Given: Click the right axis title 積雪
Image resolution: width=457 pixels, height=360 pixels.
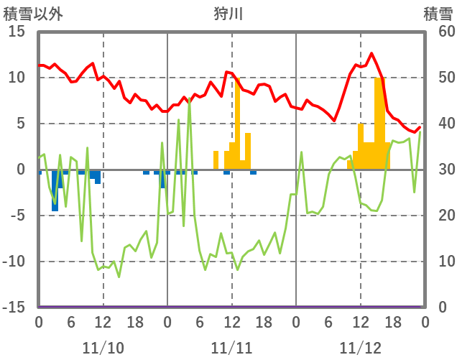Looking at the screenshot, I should [x=437, y=13].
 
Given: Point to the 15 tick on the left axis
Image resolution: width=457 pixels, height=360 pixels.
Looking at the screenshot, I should [x=17, y=32].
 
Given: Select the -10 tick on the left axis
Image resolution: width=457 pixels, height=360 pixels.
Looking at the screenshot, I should [x=14, y=262].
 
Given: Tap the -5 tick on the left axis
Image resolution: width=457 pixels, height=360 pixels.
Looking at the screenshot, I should [x=17, y=216].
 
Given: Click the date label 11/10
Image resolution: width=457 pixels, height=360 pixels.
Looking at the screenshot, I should [x=103, y=348].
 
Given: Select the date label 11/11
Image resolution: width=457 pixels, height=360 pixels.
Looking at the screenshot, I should [x=232, y=348].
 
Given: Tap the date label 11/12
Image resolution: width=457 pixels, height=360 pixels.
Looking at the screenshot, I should [x=361, y=348].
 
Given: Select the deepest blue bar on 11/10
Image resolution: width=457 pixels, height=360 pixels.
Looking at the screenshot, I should [x=55, y=190].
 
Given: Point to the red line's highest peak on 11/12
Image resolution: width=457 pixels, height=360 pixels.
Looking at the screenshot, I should [x=371, y=53].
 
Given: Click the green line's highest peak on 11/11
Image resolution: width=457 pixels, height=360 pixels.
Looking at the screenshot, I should [x=189, y=100].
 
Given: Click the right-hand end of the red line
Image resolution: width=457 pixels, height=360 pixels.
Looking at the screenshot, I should [x=420, y=127].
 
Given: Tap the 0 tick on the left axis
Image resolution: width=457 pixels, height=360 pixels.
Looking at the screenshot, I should [x=20, y=170].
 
